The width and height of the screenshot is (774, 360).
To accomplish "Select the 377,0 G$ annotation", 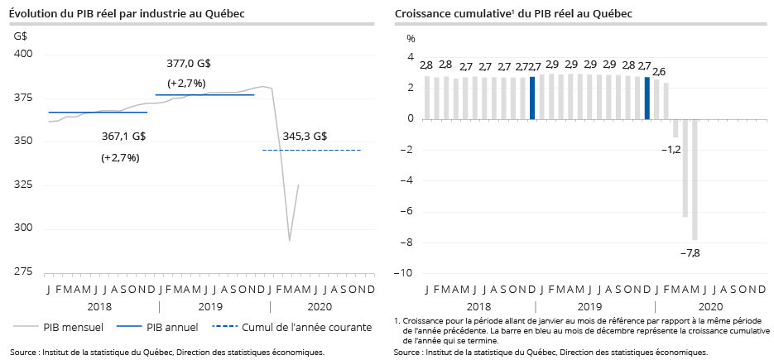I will click(189, 63).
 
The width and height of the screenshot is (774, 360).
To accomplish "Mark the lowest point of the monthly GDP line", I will click(289, 240).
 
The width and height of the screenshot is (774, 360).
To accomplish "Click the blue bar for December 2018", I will click(532, 98).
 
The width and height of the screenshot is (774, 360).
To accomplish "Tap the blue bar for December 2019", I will click(647, 98).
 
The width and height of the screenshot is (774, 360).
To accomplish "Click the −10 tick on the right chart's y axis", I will click(406, 273).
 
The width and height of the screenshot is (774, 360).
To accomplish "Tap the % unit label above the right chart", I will click(409, 37).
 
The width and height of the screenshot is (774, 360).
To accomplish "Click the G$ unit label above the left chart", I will click(21, 36).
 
